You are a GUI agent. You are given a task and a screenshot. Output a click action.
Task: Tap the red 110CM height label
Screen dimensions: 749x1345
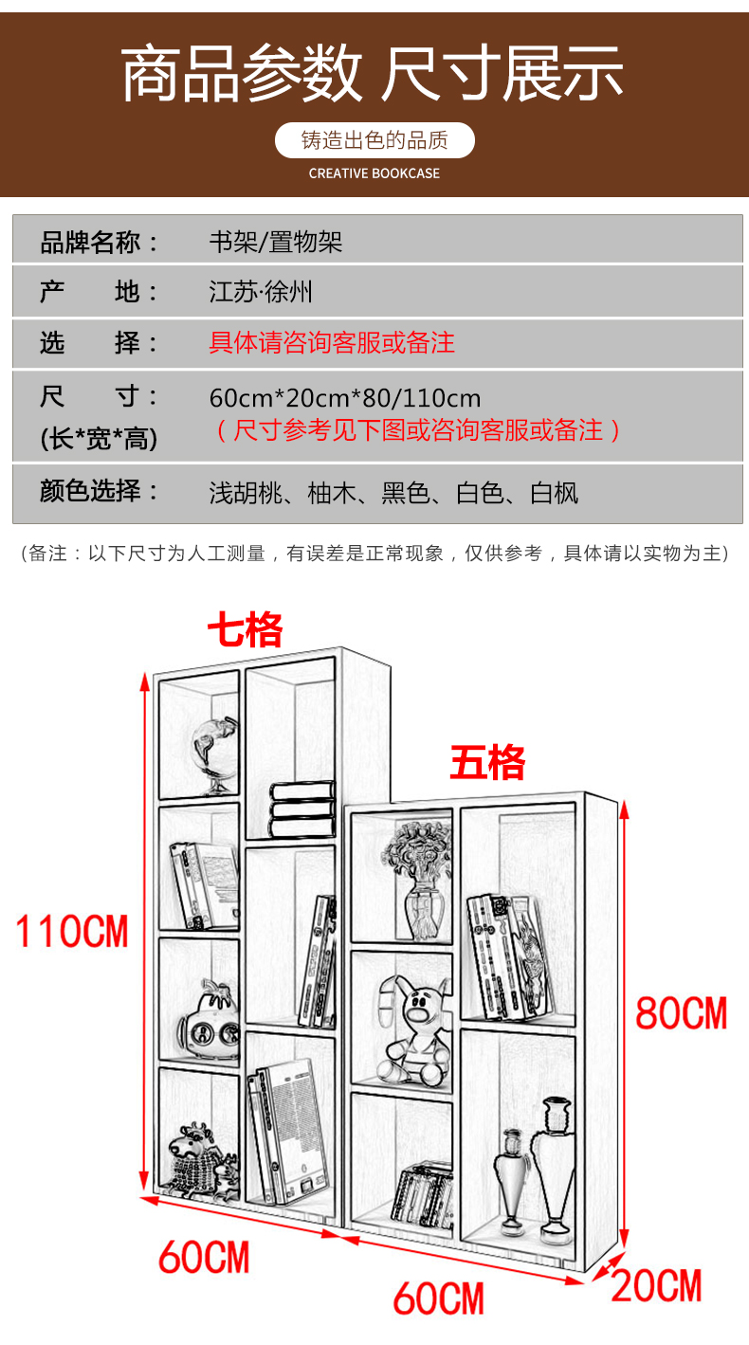coord(72,931)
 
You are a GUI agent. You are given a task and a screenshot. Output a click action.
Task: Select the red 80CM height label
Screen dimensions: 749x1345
coord(681,1013)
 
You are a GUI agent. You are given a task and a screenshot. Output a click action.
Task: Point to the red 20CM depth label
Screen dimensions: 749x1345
coord(656,1286)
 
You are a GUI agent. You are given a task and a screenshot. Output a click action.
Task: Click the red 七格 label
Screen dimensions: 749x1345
coord(246,629)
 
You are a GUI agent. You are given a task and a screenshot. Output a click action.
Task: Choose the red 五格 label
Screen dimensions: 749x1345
coord(487,762)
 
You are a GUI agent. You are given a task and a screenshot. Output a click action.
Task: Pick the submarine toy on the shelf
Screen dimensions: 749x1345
coord(209,1020)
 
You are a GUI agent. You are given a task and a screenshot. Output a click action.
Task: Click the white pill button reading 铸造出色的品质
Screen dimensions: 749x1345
coord(374,141)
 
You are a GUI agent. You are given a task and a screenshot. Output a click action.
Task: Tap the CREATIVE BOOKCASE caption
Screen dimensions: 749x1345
coord(374,173)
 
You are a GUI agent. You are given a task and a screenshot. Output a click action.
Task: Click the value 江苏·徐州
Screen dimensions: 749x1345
coord(261,291)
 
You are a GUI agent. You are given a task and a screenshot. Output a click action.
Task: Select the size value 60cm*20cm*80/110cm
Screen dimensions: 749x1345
coord(345,397)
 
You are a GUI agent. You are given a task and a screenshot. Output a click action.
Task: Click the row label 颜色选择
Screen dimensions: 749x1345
coord(100,491)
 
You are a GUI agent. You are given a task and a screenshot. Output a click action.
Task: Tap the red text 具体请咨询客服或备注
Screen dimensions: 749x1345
coord(332,342)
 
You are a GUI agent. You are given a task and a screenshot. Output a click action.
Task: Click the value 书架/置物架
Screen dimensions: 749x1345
coord(276,242)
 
